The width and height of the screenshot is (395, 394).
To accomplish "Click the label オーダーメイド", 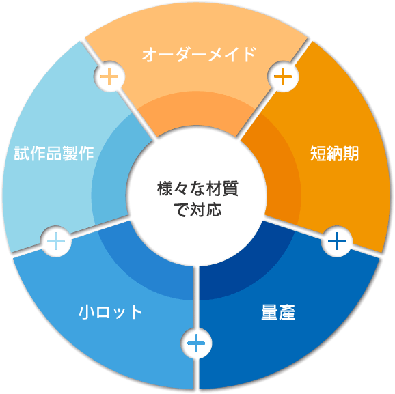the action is coord(199,54).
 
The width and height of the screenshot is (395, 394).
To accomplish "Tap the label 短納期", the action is coord(334,153).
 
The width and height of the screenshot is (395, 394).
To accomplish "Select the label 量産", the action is coord(278,312).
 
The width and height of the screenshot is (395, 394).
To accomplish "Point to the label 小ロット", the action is coord(110,311).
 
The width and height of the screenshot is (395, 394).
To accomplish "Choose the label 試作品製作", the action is coord(54,153).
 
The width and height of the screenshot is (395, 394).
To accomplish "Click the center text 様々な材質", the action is coord(197,188).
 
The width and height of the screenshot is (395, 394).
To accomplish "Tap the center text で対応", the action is coord(197,209).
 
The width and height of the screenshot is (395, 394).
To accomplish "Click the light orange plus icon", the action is coord(109,76).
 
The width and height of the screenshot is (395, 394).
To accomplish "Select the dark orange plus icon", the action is coord(283,76).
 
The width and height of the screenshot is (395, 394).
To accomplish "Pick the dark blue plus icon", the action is coord(337,241).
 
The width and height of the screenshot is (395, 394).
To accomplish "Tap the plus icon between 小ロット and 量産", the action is coord(196,343).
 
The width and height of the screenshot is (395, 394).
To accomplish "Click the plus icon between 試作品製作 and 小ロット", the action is coord(56,241).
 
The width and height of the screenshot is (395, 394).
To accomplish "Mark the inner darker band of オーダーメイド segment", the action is coord(196,109).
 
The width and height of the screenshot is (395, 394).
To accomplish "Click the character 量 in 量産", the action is coord(269,312).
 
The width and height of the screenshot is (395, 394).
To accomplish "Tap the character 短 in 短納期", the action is coord(318,153).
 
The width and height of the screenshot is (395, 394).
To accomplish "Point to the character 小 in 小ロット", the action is coord(86,311).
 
